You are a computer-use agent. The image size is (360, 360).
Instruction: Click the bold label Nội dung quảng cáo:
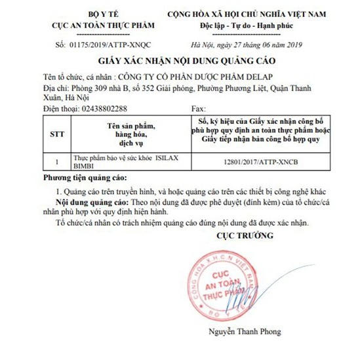click(x=96, y=203)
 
